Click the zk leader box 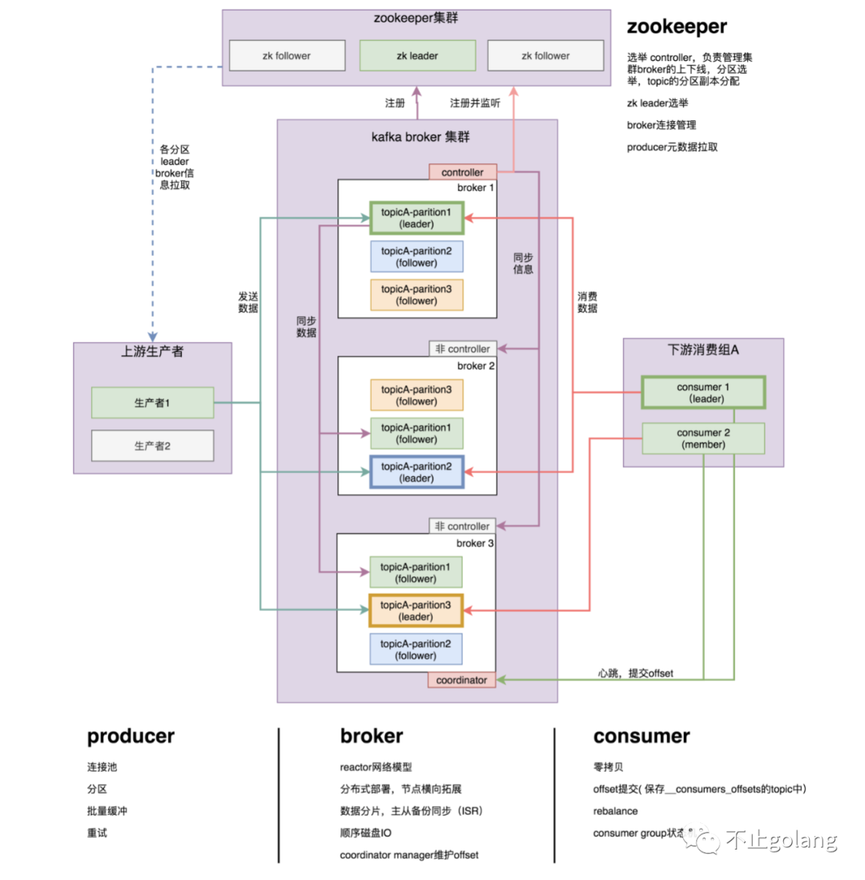click(416, 56)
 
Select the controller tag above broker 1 click(462, 172)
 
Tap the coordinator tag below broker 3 click(461, 680)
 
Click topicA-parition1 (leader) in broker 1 click(416, 218)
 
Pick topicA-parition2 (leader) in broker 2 click(416, 472)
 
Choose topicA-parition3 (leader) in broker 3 click(416, 610)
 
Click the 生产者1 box click(152, 402)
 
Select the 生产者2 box click(152, 446)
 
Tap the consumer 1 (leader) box click(703, 393)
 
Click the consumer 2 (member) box click(703, 438)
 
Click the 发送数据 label click(247, 302)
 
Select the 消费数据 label click(587, 302)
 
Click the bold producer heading click(131, 736)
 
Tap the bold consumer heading click(641, 736)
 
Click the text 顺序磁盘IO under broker click(366, 834)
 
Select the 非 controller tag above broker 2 click(462, 349)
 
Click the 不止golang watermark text click(781, 841)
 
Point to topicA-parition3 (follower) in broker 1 click(416, 294)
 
